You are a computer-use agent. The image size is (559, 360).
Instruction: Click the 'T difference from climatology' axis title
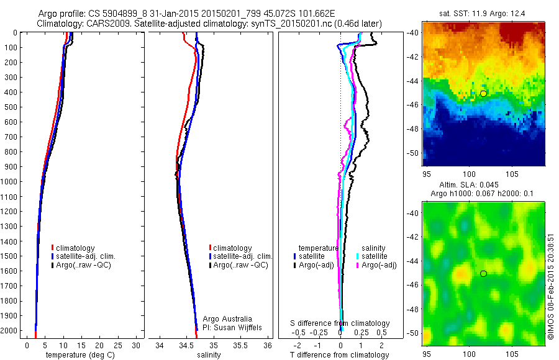[x=339, y=354]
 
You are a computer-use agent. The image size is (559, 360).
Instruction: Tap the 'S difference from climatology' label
[x=340, y=323]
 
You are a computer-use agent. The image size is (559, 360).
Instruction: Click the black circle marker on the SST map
[x=483, y=93]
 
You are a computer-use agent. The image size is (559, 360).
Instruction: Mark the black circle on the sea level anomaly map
[x=483, y=274]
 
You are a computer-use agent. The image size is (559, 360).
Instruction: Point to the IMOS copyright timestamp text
[x=551, y=286]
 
